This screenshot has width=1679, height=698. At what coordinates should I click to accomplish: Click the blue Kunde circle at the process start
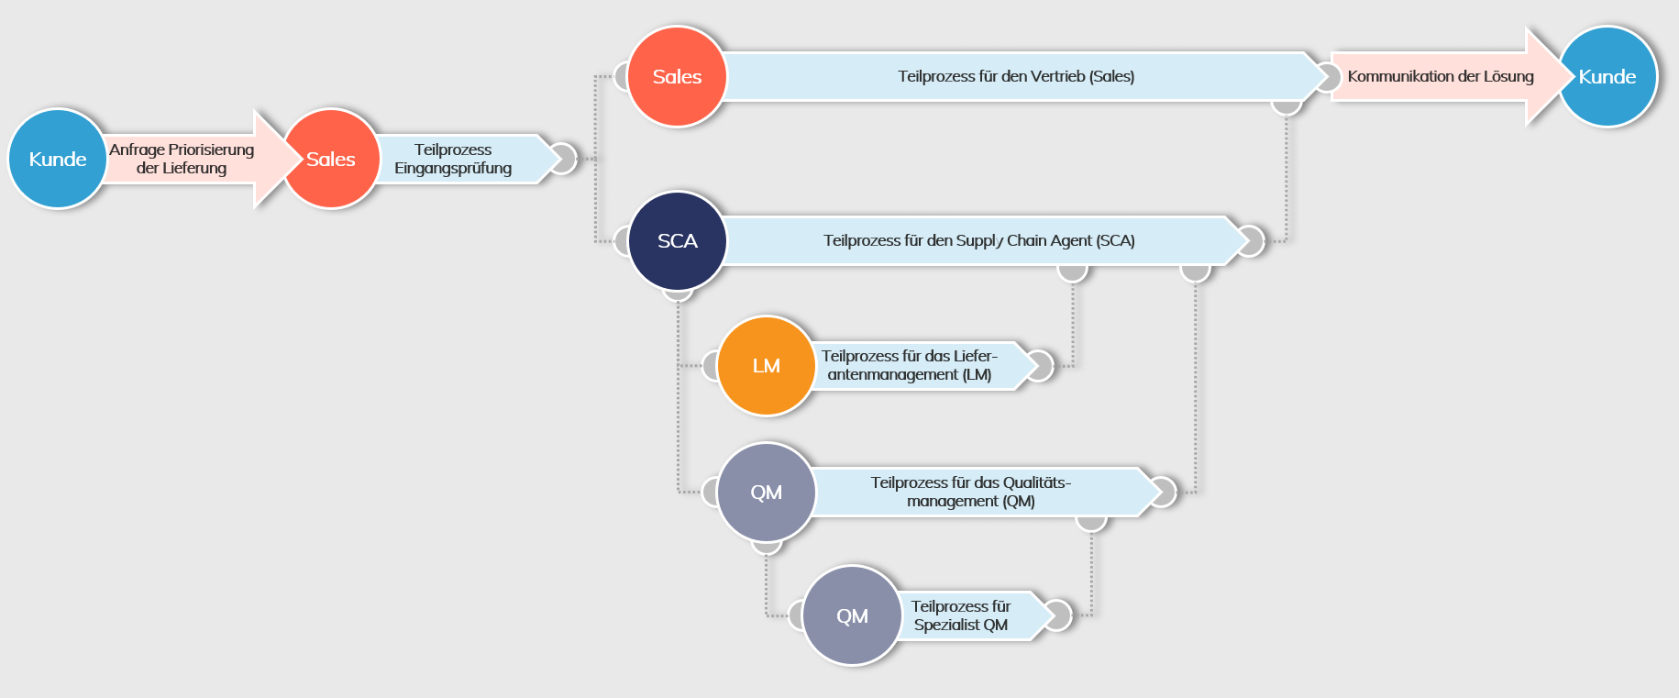(x=57, y=159)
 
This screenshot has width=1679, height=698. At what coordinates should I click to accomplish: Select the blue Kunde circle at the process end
(x=1607, y=76)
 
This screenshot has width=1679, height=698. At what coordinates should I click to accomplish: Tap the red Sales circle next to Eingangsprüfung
(x=331, y=159)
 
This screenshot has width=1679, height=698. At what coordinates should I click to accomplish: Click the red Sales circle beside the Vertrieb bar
(x=677, y=76)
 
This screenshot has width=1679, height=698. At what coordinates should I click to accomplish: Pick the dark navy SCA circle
(x=677, y=240)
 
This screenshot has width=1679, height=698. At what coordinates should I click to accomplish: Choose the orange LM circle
(x=766, y=365)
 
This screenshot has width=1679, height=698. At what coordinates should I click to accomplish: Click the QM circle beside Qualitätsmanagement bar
(x=766, y=492)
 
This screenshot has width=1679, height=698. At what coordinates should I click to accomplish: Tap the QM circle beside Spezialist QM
(x=852, y=615)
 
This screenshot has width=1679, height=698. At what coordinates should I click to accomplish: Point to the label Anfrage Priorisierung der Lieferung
(x=182, y=159)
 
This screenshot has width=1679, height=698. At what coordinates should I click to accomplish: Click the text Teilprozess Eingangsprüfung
(x=453, y=159)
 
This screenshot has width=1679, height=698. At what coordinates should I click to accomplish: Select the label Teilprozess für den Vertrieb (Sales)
(x=1016, y=76)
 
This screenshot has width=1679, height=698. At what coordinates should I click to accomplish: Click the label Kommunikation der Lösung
(x=1440, y=76)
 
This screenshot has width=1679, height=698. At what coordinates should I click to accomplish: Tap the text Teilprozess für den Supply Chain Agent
(x=978, y=240)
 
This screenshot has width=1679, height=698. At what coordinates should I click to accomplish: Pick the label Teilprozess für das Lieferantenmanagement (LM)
(x=909, y=365)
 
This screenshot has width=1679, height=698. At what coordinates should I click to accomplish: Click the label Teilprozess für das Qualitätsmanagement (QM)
(x=970, y=492)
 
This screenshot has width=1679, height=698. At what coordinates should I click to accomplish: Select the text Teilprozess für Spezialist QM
(x=960, y=615)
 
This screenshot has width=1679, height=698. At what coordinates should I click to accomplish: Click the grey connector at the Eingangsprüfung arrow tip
(x=564, y=159)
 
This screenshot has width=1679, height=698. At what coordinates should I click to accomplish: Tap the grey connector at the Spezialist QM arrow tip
(x=1059, y=615)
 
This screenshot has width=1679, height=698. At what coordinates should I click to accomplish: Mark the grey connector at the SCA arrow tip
(x=1252, y=240)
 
